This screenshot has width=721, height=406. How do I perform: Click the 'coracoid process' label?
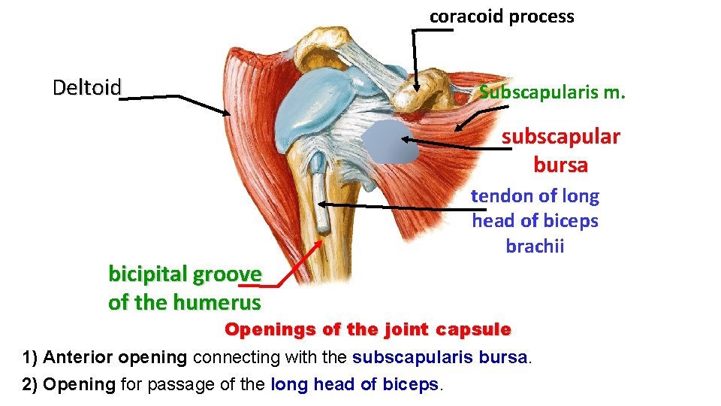coord(501,17)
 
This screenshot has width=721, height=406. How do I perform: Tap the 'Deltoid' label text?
coord(86,88)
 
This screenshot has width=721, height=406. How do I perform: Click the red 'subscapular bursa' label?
coord(560,150)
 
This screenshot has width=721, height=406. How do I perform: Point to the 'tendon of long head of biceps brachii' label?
coord(535,221)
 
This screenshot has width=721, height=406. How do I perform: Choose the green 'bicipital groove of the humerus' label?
coord(185,288)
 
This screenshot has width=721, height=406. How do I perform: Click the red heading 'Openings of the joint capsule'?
coord(368,329)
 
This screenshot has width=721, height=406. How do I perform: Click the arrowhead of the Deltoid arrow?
coord(228,113)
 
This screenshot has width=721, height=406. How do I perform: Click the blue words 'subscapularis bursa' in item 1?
coord(440,357)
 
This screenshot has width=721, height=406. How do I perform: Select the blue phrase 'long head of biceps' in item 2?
coord(355,384)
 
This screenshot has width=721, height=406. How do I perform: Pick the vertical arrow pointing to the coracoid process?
coord(413,60)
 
